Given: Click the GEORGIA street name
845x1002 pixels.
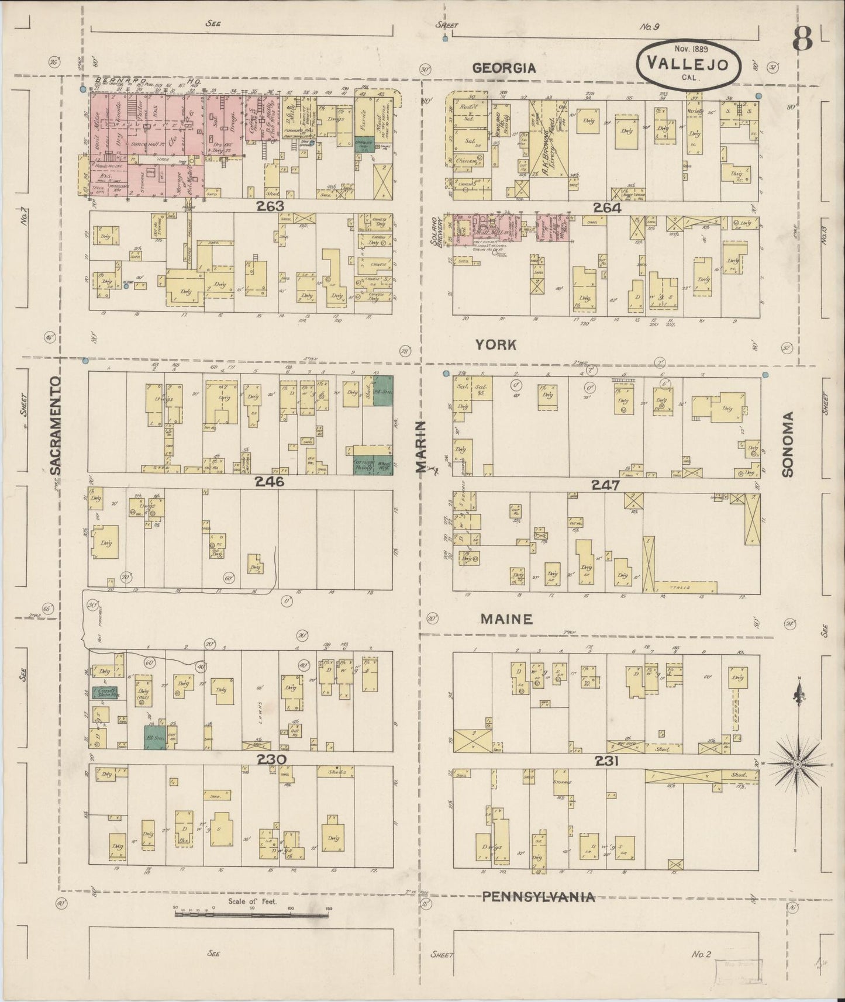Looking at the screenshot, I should pyautogui.click(x=503, y=68).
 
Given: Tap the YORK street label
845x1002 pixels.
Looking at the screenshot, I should pyautogui.click(x=496, y=345).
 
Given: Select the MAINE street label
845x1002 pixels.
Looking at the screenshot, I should pyautogui.click(x=506, y=619).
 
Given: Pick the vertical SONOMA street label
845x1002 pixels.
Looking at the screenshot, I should pyautogui.click(x=788, y=444).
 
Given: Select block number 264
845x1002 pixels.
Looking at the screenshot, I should pyautogui.click(x=607, y=207).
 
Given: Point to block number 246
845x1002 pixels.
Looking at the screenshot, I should pyautogui.click(x=269, y=482).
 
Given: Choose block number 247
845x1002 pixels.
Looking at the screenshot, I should pyautogui.click(x=605, y=485).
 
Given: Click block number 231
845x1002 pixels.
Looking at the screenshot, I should pyautogui.click(x=606, y=761).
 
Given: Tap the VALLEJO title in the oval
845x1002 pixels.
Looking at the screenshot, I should pyautogui.click(x=688, y=65).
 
